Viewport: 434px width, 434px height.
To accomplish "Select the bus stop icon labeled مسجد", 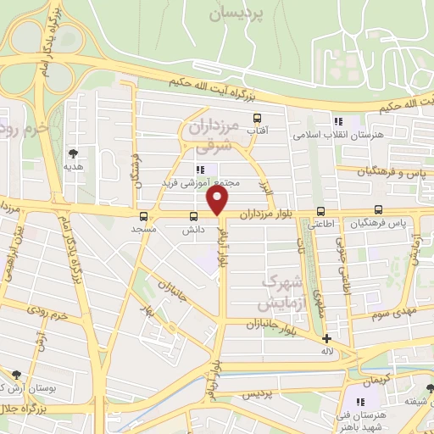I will pyautogui.click(x=143, y=215).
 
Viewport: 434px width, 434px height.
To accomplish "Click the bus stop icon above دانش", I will pyautogui.click(x=194, y=215).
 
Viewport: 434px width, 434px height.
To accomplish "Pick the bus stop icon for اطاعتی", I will pyautogui.click(x=320, y=211).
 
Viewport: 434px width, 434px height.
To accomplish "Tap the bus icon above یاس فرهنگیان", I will pyautogui.click(x=378, y=211).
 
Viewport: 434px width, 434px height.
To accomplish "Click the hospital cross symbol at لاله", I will pyautogui.click(x=326, y=338).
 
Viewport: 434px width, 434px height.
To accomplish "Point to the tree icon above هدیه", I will pyautogui.click(x=74, y=153).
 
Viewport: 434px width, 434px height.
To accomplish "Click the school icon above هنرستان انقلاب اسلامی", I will pyautogui.click(x=338, y=121).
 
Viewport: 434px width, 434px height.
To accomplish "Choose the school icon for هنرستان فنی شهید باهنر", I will pyautogui.click(x=359, y=401).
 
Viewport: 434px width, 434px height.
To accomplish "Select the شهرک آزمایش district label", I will pyautogui.click(x=273, y=290).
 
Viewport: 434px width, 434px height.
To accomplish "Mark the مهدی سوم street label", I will pyautogui.click(x=391, y=311).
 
